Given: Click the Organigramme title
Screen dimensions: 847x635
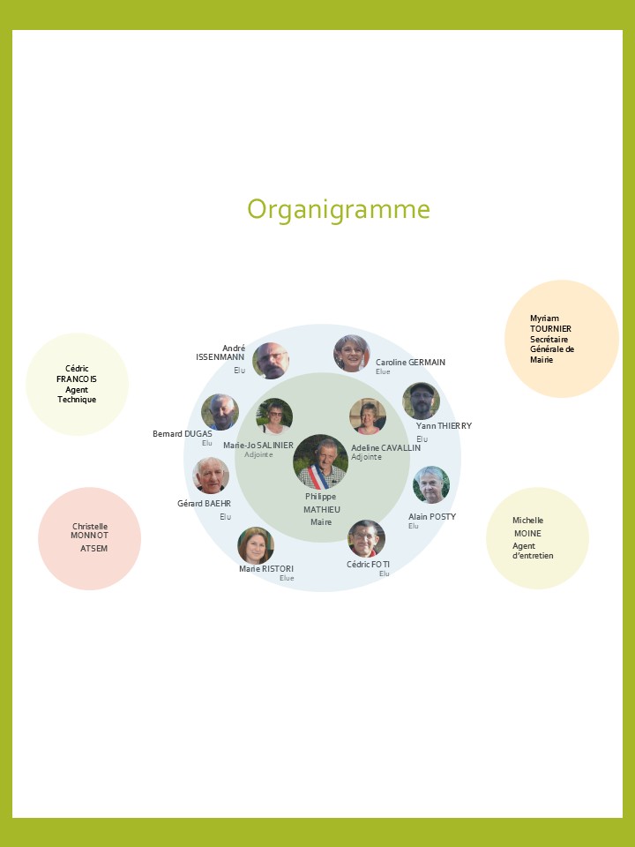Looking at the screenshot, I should pyautogui.click(x=339, y=209).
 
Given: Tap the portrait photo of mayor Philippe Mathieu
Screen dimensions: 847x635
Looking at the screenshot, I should pyautogui.click(x=320, y=461).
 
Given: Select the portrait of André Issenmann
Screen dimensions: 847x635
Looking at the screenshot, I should pyautogui.click(x=270, y=360).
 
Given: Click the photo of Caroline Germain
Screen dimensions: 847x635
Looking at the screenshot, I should pyautogui.click(x=351, y=353).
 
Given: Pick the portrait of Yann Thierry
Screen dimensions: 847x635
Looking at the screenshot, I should pyautogui.click(x=421, y=401).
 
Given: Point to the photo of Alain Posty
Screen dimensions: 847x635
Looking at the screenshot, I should pyautogui.click(x=430, y=484).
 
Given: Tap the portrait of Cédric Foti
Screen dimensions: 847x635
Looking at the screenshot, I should pyautogui.click(x=366, y=538).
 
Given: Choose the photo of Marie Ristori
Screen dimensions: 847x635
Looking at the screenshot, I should pyautogui.click(x=256, y=545).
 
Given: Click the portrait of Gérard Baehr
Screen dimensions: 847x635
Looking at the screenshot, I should pyautogui.click(x=211, y=476).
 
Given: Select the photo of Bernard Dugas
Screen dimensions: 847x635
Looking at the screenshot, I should pyautogui.click(x=220, y=411).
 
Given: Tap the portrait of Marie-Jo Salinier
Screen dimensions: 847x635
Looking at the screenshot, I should pyautogui.click(x=274, y=416).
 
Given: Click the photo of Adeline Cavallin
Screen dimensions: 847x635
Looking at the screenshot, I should pyautogui.click(x=368, y=416).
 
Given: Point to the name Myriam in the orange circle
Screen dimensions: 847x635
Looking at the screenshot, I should pyautogui.click(x=544, y=319).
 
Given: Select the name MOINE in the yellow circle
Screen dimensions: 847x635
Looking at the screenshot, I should pyautogui.click(x=527, y=534).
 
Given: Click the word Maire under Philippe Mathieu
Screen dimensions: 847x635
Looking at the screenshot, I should pyautogui.click(x=320, y=522).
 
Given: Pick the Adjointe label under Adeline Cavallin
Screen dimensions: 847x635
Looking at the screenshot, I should pyautogui.click(x=366, y=457).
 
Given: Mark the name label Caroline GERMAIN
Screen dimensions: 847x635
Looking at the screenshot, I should pyautogui.click(x=410, y=363).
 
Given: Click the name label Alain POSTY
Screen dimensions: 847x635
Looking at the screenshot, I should pyautogui.click(x=432, y=516).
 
